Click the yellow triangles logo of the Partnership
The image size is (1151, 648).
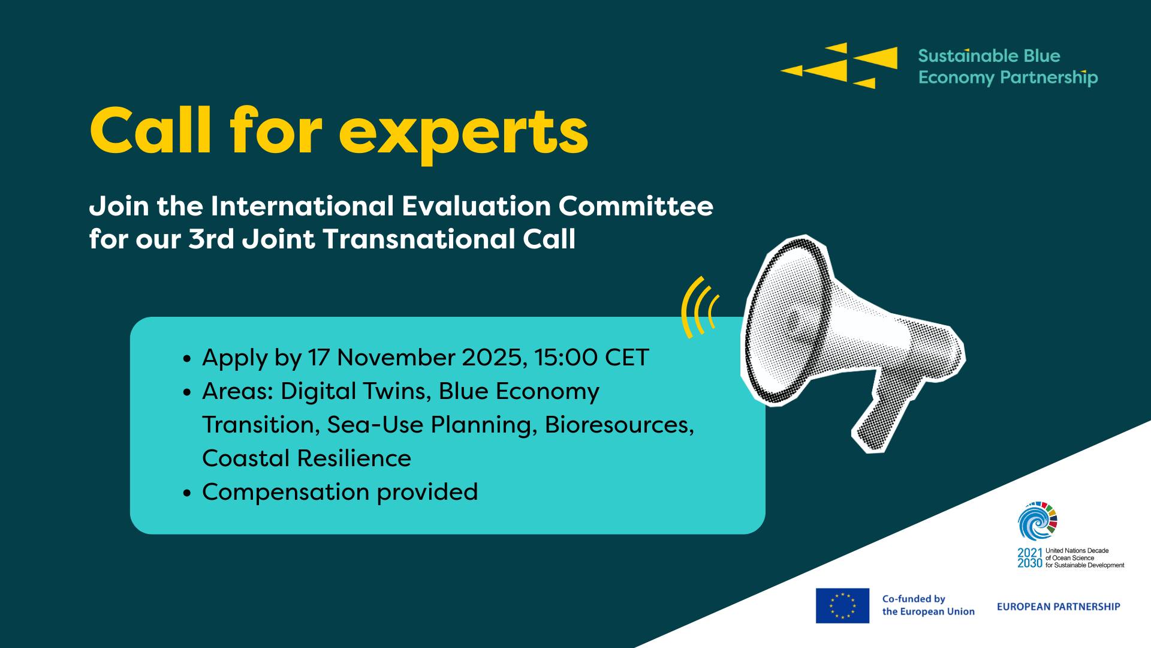click(839, 65)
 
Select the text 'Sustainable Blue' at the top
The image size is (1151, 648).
click(989, 56)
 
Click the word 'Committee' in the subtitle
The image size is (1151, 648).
click(636, 206)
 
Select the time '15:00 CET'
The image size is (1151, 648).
click(592, 358)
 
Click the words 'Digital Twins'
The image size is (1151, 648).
click(354, 391)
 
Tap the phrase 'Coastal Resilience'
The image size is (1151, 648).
click(306, 458)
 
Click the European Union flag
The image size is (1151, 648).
click(842, 605)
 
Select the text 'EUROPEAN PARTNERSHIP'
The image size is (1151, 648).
click(1058, 607)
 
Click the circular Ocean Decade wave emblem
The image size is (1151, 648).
click(1038, 520)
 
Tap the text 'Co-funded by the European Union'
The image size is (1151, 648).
click(928, 605)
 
